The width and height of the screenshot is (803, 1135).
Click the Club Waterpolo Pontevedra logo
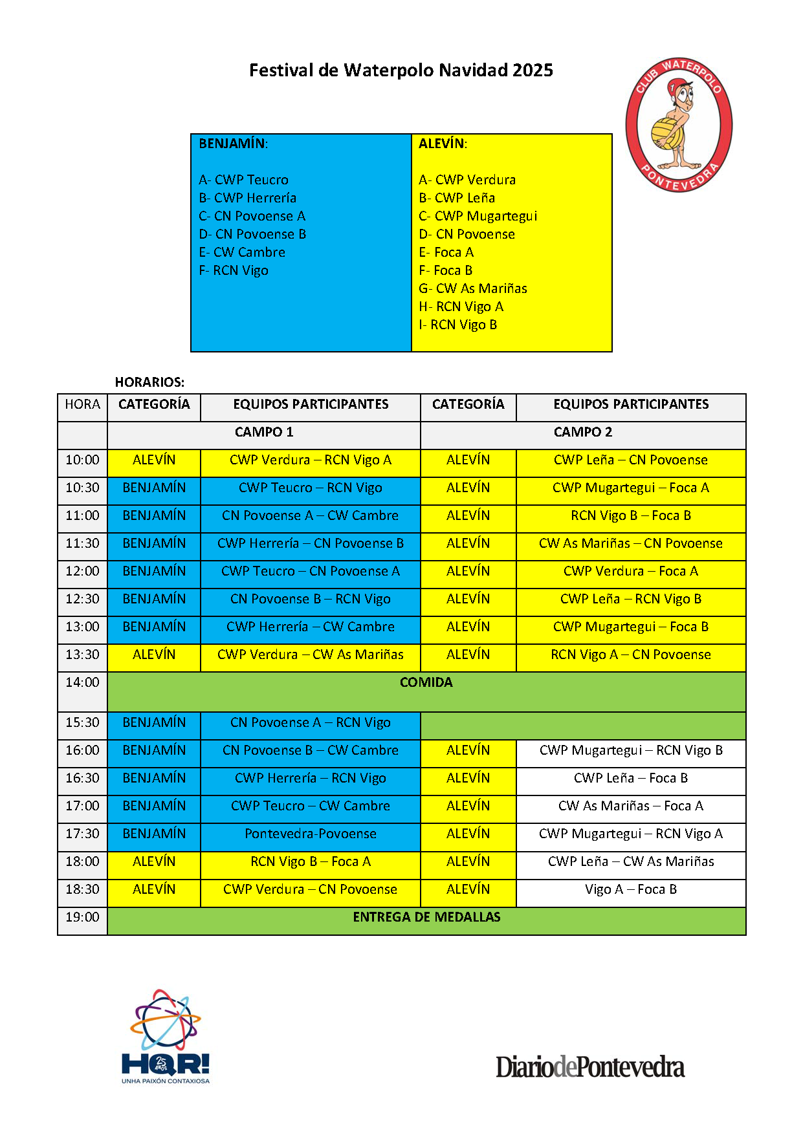tap(679, 125)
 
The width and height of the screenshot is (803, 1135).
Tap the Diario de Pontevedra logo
tap(590, 1067)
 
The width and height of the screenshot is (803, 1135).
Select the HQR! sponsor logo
tap(166, 1037)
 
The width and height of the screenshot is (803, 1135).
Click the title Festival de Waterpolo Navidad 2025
tap(401, 70)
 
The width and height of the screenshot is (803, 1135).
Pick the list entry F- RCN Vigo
tap(234, 270)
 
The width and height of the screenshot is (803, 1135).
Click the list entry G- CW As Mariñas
tap(473, 288)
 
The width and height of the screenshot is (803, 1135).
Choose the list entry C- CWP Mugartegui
tap(478, 216)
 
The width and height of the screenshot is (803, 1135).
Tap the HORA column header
tap(83, 404)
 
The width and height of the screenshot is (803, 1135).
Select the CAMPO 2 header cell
tap(582, 432)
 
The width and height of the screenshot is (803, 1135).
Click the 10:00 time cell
tap(83, 460)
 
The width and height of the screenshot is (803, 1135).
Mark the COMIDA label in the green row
tap(426, 682)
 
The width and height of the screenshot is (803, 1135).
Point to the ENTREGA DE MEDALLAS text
tap(426, 917)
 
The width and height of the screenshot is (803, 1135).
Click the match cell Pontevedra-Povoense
tap(311, 834)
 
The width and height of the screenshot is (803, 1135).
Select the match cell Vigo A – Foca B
tap(631, 889)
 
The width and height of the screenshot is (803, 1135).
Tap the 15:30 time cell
tap(83, 722)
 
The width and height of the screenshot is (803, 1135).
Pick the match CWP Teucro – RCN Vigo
tap(311, 488)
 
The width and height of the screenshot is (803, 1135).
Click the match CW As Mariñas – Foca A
tap(631, 806)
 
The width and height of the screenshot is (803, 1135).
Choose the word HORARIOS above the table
tap(149, 382)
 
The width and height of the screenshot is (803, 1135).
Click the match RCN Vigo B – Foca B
tap(631, 515)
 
